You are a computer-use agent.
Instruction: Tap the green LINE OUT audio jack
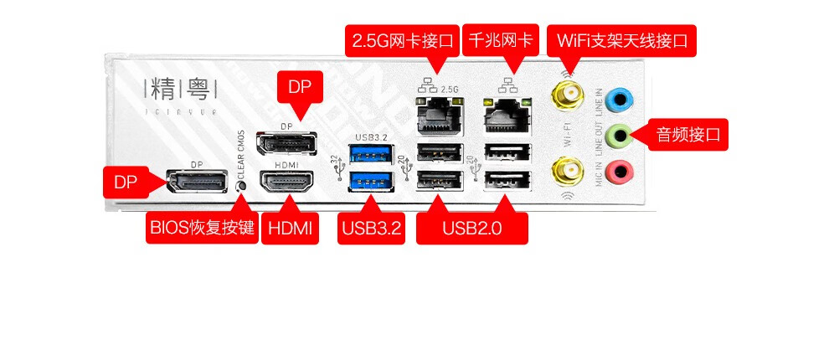[619, 134]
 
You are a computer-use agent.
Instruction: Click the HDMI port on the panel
[286, 182]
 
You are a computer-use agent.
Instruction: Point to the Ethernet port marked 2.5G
[438, 114]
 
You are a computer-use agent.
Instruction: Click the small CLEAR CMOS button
[242, 186]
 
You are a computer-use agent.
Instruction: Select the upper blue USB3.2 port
[365, 153]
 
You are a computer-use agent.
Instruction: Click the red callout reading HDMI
[291, 228]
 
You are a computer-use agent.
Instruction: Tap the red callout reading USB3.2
[370, 228]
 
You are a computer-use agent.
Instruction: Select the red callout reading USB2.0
[471, 228]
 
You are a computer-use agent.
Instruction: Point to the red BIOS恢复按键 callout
[201, 228]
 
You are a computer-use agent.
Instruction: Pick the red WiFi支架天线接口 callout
[621, 39]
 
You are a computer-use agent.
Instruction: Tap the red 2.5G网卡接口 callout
[403, 39]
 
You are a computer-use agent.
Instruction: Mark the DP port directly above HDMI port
[286, 144]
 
